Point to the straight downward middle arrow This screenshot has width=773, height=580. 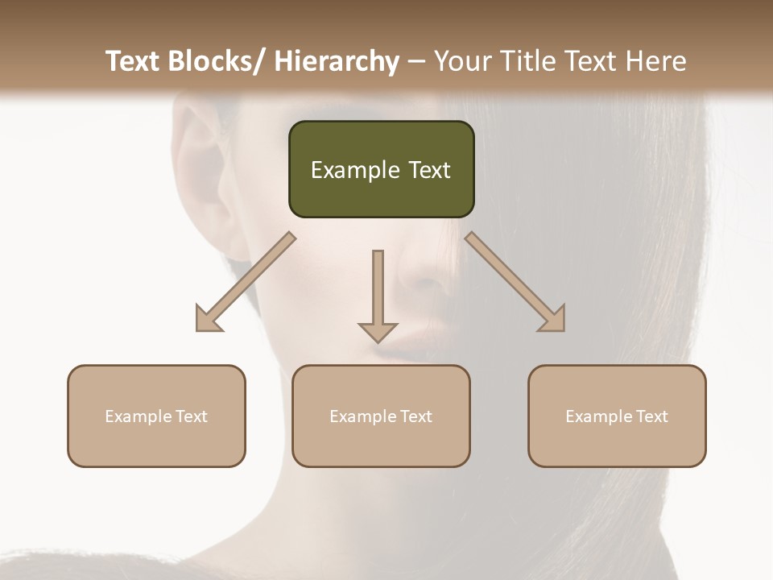click(x=378, y=290)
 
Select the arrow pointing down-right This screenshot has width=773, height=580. click(x=514, y=280)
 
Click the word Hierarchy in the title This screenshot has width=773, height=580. click(x=336, y=60)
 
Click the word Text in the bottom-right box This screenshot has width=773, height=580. click(x=652, y=416)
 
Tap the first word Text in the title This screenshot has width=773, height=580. click(x=134, y=60)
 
